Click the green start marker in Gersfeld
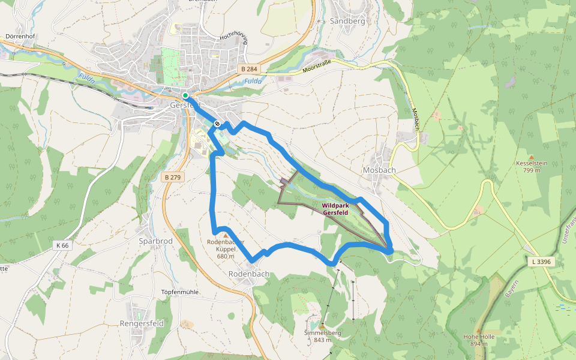click(x=185, y=95)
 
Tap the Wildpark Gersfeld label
click(x=335, y=209)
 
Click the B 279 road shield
click(x=172, y=178)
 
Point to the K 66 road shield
click(x=62, y=245)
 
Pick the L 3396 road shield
click(x=541, y=262)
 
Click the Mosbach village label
click(x=379, y=170)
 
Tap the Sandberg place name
click(x=347, y=21)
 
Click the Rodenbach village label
click(x=249, y=274)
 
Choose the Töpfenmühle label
click(x=179, y=292)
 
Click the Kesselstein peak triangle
click(x=530, y=157)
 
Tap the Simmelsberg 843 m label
click(x=323, y=337)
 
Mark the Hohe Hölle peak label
click(x=478, y=340)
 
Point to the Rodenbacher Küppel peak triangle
click(x=226, y=236)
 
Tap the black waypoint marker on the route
click(x=217, y=124)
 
